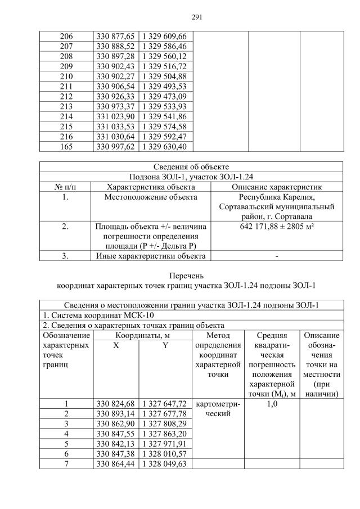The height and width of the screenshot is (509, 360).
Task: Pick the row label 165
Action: tap(66, 147)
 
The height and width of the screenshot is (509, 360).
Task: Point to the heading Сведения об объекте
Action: tap(191, 166)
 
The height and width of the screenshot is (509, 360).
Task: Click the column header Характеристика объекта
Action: tap(150, 187)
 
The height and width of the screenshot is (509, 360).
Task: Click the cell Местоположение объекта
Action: tap(150, 197)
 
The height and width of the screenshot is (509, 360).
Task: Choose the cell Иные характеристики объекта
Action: tap(150, 256)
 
